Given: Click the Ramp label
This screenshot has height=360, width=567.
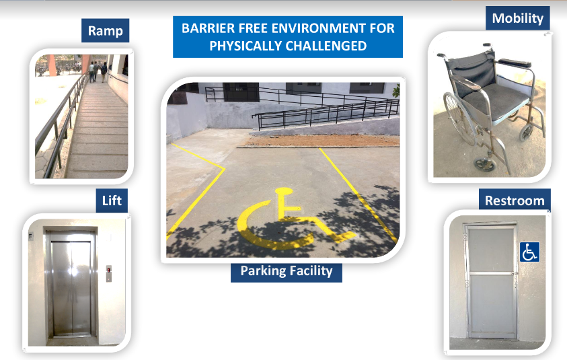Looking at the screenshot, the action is pyautogui.click(x=105, y=31).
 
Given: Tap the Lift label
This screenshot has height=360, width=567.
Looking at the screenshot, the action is pyautogui.click(x=112, y=201).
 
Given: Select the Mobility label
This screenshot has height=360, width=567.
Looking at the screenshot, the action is pyautogui.click(x=518, y=18).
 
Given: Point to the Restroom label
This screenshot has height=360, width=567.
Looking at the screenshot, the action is pyautogui.click(x=515, y=200).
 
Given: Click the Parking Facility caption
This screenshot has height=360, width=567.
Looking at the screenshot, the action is pyautogui.click(x=287, y=271).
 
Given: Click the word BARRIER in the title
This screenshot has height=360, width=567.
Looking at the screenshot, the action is pyautogui.click(x=204, y=28).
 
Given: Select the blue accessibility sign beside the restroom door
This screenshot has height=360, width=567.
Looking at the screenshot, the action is pyautogui.click(x=530, y=252).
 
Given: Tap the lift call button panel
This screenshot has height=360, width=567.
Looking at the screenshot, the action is pyautogui.click(x=109, y=273).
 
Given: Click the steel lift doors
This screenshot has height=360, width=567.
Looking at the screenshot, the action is pyautogui.click(x=71, y=287).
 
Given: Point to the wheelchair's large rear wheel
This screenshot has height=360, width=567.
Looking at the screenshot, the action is pyautogui.click(x=459, y=119).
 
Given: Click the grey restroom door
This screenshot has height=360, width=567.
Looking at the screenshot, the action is pyautogui.click(x=492, y=282).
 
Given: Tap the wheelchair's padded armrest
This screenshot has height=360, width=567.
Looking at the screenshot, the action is pyautogui.click(x=515, y=63).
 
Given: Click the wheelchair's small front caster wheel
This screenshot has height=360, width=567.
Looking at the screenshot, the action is pyautogui.click(x=485, y=165).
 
